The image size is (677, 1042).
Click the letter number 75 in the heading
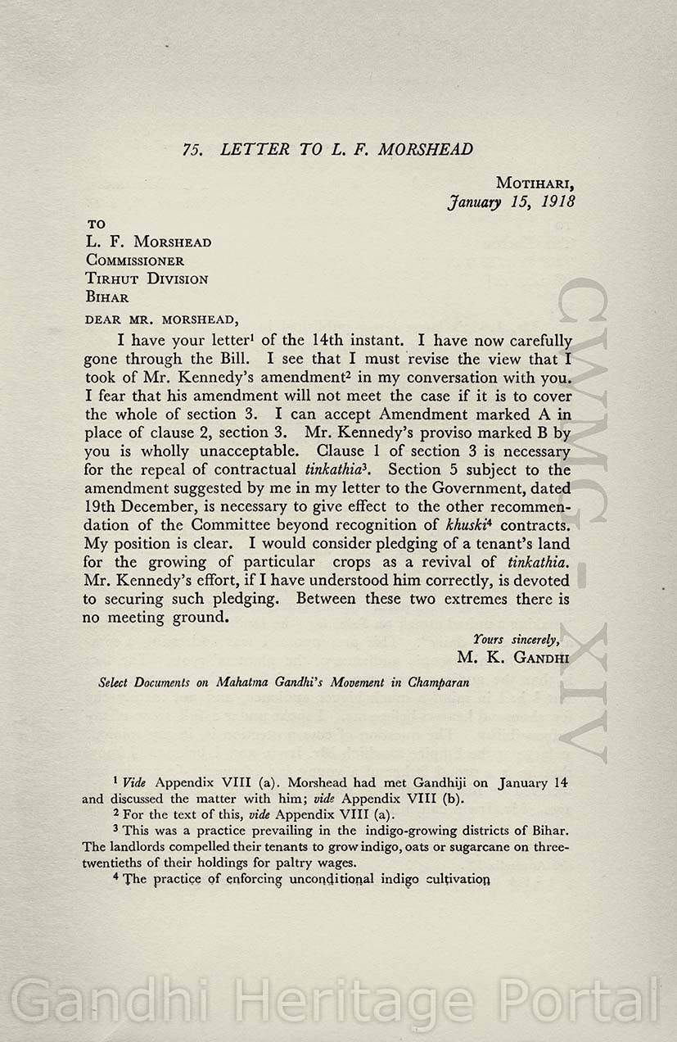click(x=193, y=150)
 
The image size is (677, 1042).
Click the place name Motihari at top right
click(x=535, y=183)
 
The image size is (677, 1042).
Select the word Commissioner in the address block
click(x=135, y=261)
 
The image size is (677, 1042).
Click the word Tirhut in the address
click(x=111, y=279)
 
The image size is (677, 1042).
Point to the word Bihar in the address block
click(x=107, y=297)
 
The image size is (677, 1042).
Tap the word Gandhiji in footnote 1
click(x=429, y=783)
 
